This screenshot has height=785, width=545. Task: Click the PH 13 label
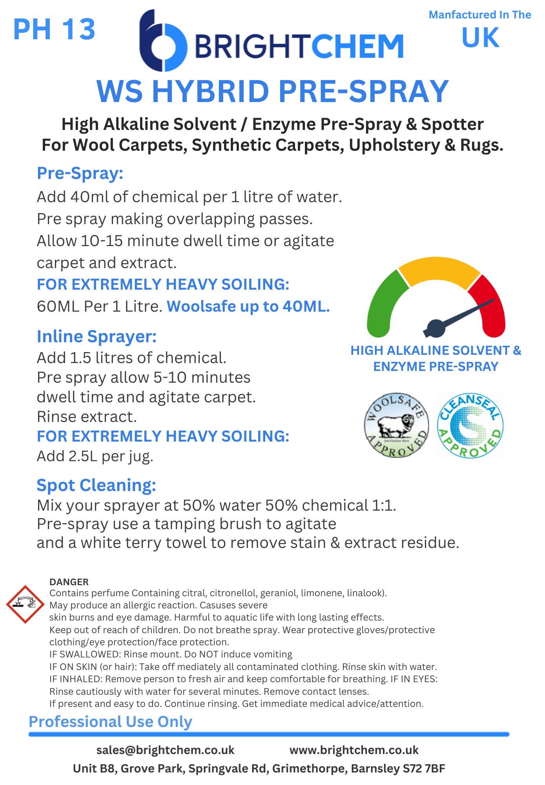(x=54, y=29)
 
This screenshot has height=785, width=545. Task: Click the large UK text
(x=480, y=38)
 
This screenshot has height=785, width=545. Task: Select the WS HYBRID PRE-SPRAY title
(x=272, y=91)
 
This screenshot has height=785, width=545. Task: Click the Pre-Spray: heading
(x=80, y=173)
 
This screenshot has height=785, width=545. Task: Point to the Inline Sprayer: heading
(x=97, y=336)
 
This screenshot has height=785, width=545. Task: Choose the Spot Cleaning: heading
(x=96, y=485)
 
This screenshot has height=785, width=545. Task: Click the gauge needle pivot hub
(x=436, y=328)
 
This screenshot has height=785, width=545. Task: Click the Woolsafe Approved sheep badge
(x=396, y=425)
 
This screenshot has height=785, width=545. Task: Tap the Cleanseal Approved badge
(x=470, y=425)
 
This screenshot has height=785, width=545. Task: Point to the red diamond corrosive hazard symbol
(x=25, y=604)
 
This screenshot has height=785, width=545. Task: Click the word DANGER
(x=69, y=582)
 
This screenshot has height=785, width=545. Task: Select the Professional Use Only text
(x=110, y=722)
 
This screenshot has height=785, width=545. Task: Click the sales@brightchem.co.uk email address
(x=165, y=750)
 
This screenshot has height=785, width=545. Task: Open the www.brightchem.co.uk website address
(x=354, y=750)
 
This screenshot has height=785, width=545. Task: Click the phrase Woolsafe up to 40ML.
(x=248, y=307)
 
